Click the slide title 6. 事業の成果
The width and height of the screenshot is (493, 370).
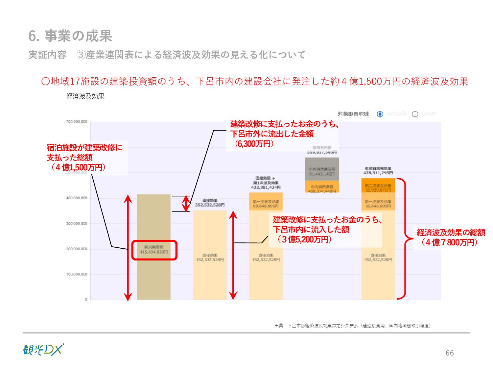70,36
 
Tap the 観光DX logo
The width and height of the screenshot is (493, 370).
43,350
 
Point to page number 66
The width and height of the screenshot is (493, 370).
449,353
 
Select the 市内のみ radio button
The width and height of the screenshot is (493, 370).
380,114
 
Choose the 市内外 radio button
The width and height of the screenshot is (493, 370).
415,114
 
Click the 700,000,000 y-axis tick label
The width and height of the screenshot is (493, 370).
77,122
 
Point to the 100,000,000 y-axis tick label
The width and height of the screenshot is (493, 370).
77,274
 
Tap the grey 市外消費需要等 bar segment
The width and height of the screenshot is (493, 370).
322,169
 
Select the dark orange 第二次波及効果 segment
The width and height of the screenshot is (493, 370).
378,185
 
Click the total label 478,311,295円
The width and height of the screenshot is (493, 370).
378,173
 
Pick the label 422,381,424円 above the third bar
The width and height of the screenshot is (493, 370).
266,187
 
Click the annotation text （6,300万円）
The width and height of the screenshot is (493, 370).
254,144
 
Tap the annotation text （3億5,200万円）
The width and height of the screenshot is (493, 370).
304,239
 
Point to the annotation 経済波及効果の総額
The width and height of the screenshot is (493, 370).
451,233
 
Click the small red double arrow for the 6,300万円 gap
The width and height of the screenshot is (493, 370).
186,204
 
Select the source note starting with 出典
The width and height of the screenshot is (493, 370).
352,326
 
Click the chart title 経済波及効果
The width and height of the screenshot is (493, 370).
85,96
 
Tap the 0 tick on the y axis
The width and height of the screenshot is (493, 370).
86,300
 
